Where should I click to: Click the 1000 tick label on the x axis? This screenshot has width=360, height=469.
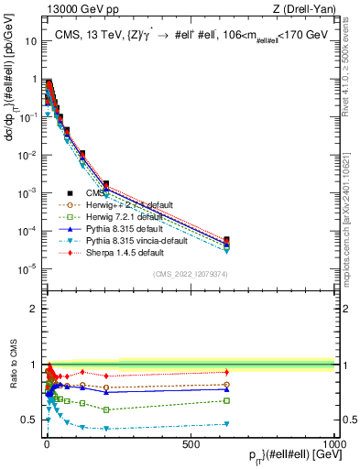[334, 442]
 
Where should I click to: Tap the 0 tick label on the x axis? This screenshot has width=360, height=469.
[46, 442]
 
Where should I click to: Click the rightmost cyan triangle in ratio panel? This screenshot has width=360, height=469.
[226, 423]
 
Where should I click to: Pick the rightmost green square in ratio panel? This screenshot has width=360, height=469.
[226, 400]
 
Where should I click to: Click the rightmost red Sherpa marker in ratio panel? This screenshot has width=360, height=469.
[226, 371]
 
